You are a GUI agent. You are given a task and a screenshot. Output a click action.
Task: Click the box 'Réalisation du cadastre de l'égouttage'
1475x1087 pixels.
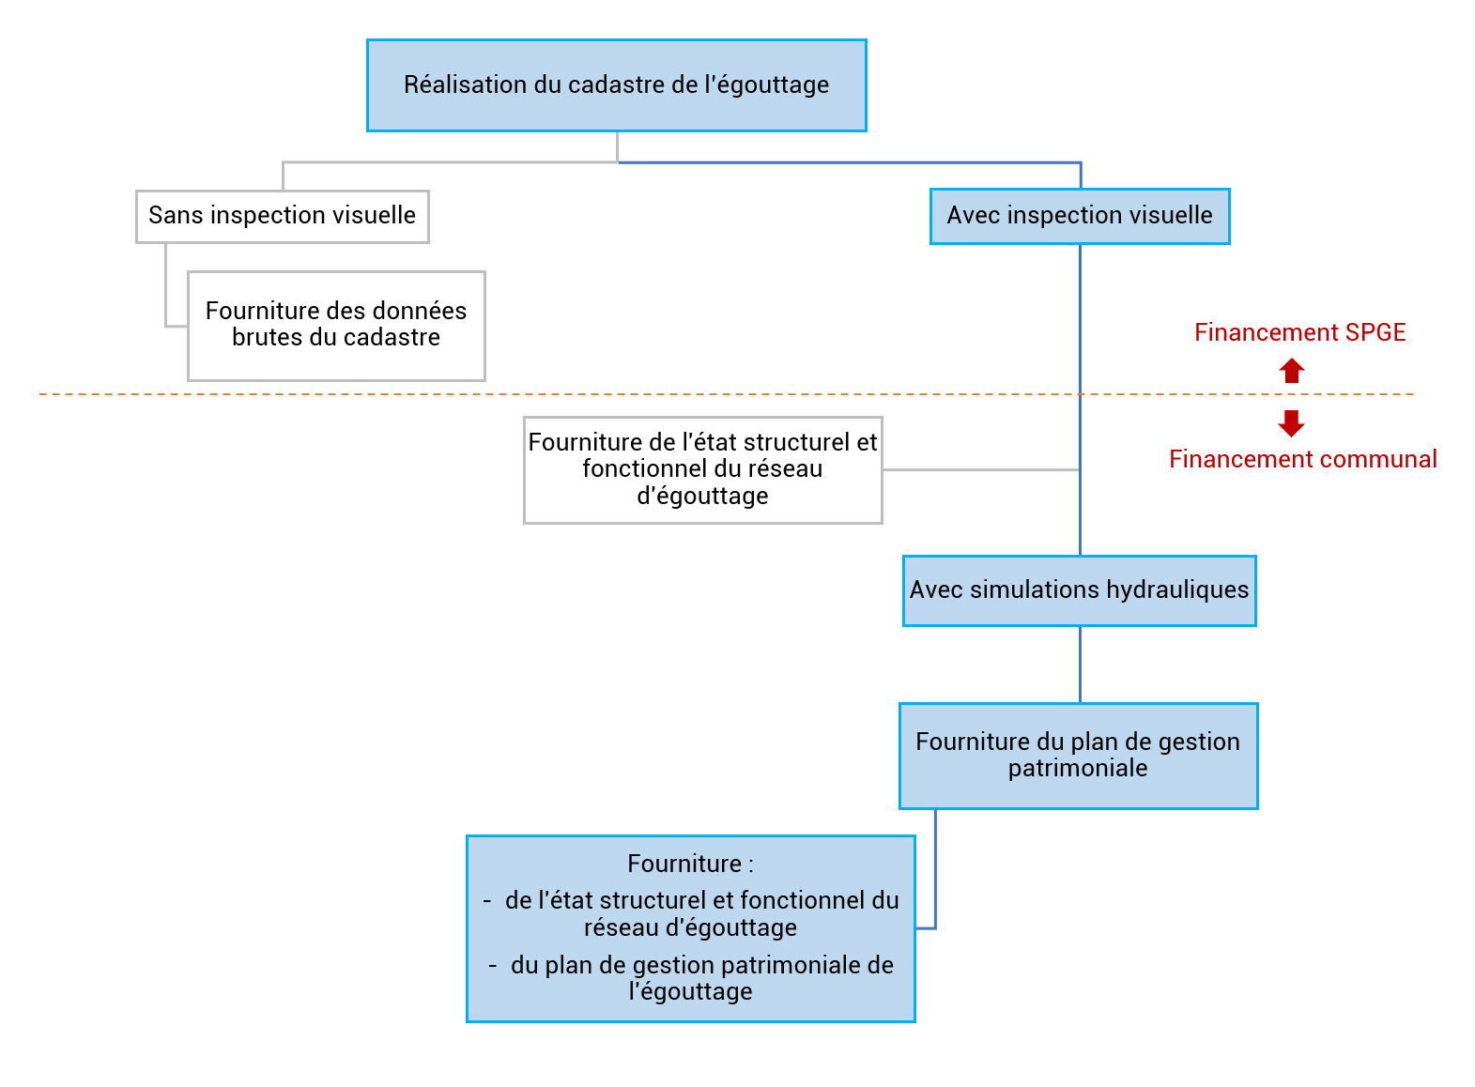tap(617, 85)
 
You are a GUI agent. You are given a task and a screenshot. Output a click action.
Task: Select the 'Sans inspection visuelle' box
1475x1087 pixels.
tap(283, 217)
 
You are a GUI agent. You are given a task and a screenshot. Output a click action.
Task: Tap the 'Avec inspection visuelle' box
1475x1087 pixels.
tap(1081, 217)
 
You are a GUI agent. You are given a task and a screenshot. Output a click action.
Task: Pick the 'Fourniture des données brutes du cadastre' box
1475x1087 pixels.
tap(336, 326)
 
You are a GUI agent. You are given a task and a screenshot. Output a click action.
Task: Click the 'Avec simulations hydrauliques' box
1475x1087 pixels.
tap(1080, 591)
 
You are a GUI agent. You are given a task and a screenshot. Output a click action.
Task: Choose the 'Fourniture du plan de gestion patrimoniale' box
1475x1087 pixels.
tap(1079, 757)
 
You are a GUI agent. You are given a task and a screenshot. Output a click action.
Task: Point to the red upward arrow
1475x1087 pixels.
tap(1293, 371)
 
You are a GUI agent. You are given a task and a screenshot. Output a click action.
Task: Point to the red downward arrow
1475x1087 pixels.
tap(1292, 423)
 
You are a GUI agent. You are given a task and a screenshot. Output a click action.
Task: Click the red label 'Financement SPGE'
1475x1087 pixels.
tap(1300, 332)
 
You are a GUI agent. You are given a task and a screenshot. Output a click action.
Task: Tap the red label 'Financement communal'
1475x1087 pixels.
tap(1303, 460)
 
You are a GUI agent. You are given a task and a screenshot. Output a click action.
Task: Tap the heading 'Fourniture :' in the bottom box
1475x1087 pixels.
tap(691, 864)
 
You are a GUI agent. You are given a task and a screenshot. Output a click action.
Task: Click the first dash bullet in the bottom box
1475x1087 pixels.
tap(487, 901)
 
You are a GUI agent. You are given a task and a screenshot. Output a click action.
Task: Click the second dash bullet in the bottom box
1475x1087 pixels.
tap(493, 966)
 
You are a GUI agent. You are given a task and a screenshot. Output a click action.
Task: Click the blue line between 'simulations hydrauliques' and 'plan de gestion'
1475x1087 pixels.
tap(1081, 665)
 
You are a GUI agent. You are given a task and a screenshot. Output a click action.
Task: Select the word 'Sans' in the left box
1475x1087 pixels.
tap(176, 215)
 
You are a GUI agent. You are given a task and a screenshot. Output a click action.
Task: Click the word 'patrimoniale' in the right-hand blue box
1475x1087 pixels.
tap(1079, 769)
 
